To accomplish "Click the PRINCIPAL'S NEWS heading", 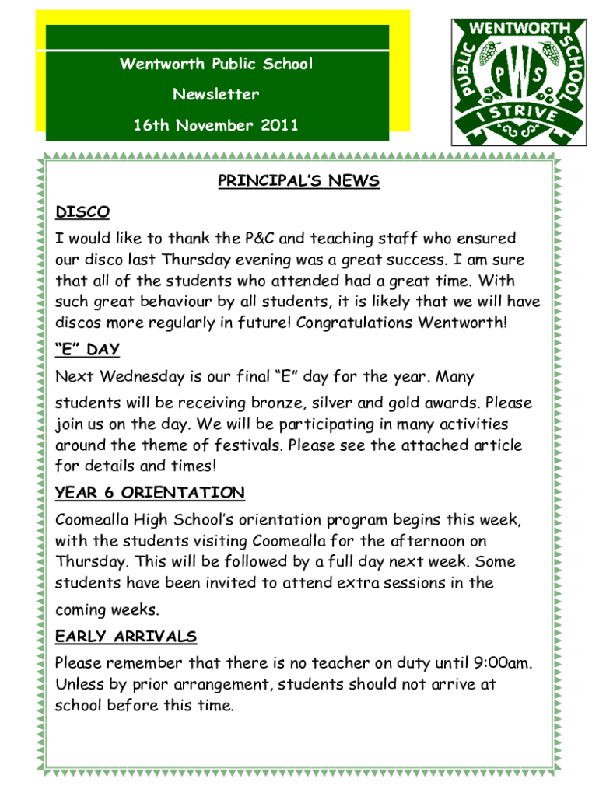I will point(299,181).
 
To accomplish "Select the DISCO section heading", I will point(82,211).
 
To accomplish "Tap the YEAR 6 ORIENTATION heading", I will point(150,493).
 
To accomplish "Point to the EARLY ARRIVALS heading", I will point(126,637).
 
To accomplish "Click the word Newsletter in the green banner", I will point(216,95).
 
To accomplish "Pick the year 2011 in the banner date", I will point(278,125).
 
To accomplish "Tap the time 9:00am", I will point(503,663).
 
